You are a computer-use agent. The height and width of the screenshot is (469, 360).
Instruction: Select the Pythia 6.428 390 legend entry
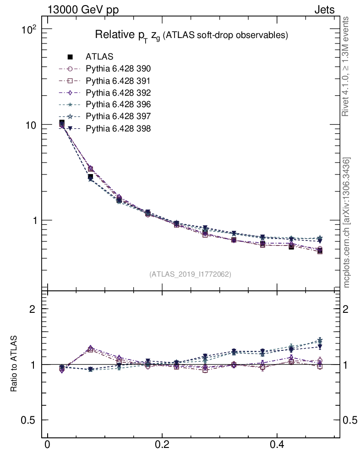pos(118,69)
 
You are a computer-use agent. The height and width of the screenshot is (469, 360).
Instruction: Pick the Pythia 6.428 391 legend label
pos(118,81)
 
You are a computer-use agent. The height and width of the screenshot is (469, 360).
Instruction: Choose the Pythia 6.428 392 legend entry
pos(118,93)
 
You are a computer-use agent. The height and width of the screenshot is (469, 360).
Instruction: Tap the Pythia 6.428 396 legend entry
pos(118,104)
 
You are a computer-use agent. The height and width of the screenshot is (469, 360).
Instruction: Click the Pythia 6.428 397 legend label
pos(118,116)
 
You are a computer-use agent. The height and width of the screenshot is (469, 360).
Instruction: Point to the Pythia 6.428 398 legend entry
pos(118,128)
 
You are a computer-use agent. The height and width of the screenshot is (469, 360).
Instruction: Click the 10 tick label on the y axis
pos(30,125)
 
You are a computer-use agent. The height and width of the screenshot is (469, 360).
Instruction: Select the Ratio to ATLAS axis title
pos(15,364)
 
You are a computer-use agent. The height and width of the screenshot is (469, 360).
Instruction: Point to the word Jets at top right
pos(324,10)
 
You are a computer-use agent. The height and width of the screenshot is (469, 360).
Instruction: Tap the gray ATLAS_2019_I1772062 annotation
pos(190,274)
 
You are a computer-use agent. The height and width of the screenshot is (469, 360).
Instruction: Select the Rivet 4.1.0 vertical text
pos(346,66)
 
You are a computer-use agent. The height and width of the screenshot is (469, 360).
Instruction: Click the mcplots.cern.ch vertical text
pos(347,223)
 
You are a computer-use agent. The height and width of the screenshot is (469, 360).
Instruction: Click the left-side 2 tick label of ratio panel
pos(33,309)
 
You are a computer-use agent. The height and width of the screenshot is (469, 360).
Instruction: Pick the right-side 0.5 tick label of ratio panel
pos(351,420)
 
